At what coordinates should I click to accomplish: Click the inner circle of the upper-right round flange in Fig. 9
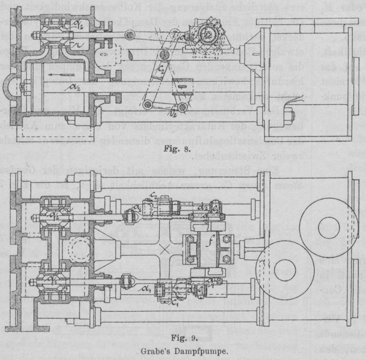330,227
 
